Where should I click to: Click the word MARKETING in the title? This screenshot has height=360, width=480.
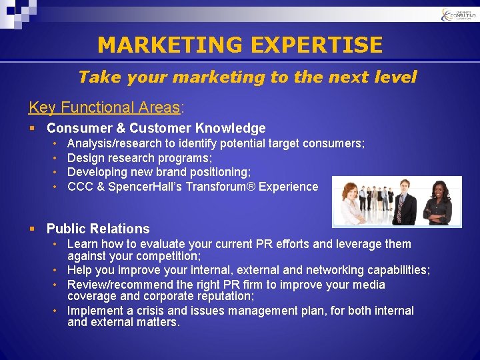pos(169,45)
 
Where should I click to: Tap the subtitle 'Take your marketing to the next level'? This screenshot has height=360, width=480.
pos(247,77)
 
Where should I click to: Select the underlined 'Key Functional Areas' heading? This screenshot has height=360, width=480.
pos(104,107)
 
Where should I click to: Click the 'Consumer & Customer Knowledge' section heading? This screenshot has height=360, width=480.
pos(156,128)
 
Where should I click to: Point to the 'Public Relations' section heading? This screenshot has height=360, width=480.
pos(98,229)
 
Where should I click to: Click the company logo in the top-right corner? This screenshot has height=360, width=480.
pos(459,15)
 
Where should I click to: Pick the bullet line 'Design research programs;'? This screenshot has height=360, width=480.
pos(139,158)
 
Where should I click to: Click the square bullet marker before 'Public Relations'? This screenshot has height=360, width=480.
pos(32,229)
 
